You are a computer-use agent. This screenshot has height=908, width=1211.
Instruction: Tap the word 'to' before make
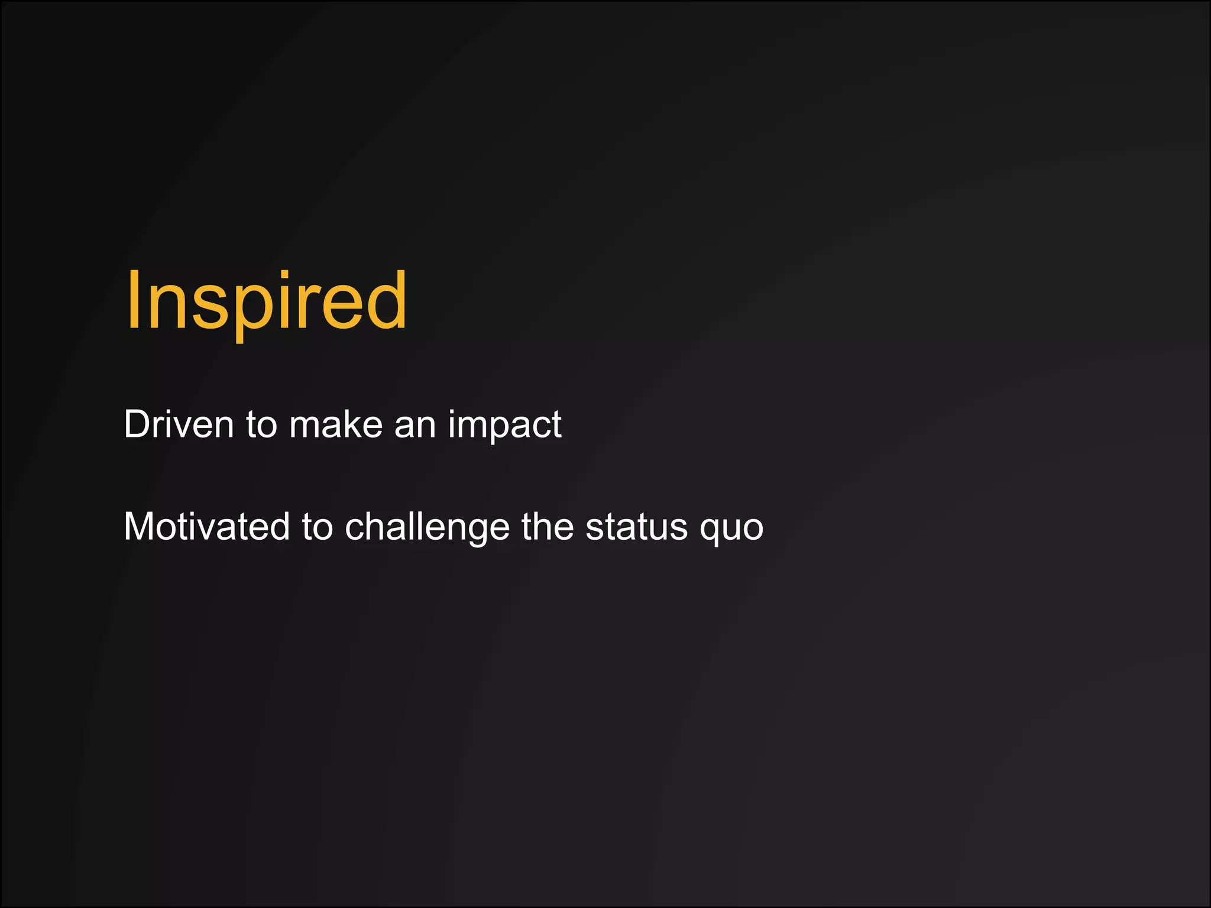[x=261, y=424]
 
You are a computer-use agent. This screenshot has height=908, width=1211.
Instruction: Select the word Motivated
[x=206, y=527]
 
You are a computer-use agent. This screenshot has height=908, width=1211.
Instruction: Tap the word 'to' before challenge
[x=317, y=527]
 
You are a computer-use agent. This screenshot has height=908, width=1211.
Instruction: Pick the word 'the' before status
[x=548, y=527]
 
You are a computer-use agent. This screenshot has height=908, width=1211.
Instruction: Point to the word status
[x=637, y=527]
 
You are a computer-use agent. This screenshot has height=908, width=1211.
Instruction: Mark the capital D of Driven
[x=138, y=424]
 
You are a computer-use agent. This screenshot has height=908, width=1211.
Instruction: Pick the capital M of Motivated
[x=141, y=527]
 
